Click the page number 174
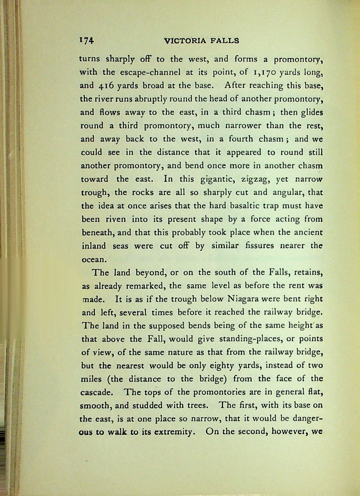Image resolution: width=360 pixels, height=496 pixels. tap(86, 40)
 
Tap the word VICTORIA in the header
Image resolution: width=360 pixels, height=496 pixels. tap(185, 41)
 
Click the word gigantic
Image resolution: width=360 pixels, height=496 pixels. tap(219, 179)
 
